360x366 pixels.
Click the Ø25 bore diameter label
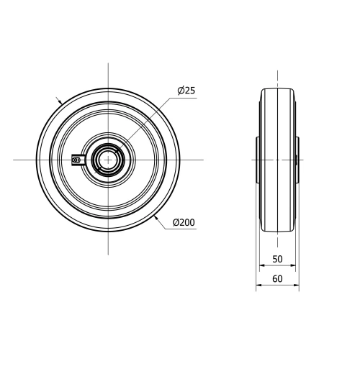[186, 91]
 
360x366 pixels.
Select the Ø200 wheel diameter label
[184, 223]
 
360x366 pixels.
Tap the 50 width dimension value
[277, 259]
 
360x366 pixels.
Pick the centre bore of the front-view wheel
[108, 158]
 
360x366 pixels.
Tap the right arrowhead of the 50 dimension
[294, 266]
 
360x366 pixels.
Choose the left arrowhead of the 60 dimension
[257, 285]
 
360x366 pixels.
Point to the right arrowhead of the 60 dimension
[298, 285]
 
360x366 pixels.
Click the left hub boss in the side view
[258, 158]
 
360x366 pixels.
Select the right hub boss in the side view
[297, 158]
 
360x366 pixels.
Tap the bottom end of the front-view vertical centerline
[108, 253]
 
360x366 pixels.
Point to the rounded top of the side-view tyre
[277, 90]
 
